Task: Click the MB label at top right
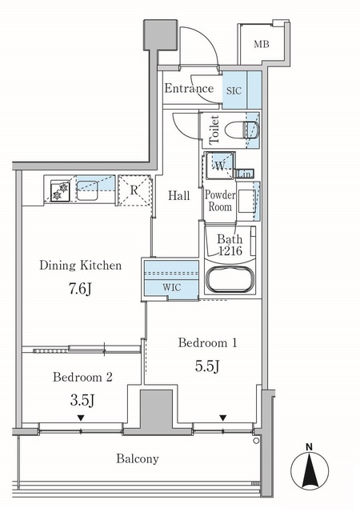point(261,43)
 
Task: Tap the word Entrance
point(189,88)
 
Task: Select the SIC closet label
point(234,90)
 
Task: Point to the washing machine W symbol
point(218,166)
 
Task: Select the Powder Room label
point(219,201)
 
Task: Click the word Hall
point(178,194)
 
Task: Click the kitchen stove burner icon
point(58,191)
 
